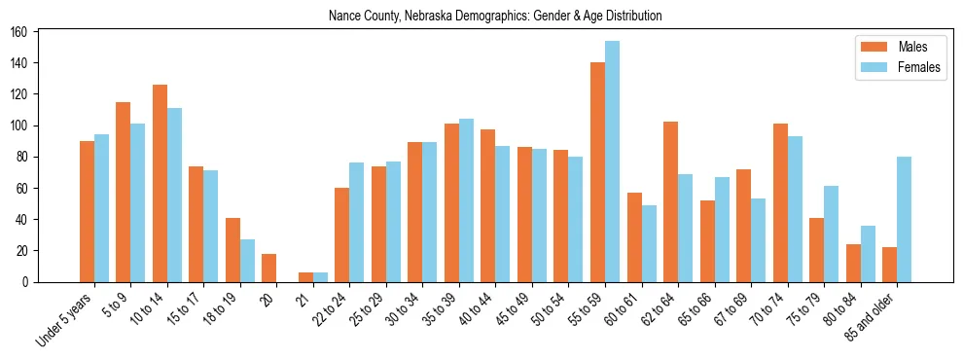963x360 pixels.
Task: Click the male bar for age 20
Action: coord(268,268)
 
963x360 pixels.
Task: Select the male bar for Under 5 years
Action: coord(87,211)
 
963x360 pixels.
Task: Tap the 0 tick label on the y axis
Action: coord(30,282)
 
